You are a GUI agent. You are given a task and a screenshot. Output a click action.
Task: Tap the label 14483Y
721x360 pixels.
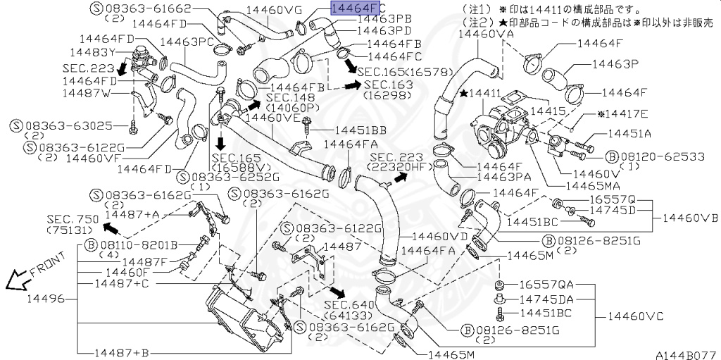tap(92, 52)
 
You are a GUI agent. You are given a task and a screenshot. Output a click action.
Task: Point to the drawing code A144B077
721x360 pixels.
tap(686, 354)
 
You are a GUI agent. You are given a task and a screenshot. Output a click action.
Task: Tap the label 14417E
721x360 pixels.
tap(623, 113)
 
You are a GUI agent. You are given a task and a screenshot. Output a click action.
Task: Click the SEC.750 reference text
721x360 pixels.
tap(73, 220)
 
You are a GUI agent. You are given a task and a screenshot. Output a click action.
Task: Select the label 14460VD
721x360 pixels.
tap(439, 237)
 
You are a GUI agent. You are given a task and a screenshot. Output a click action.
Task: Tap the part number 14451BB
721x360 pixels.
tap(360, 130)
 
